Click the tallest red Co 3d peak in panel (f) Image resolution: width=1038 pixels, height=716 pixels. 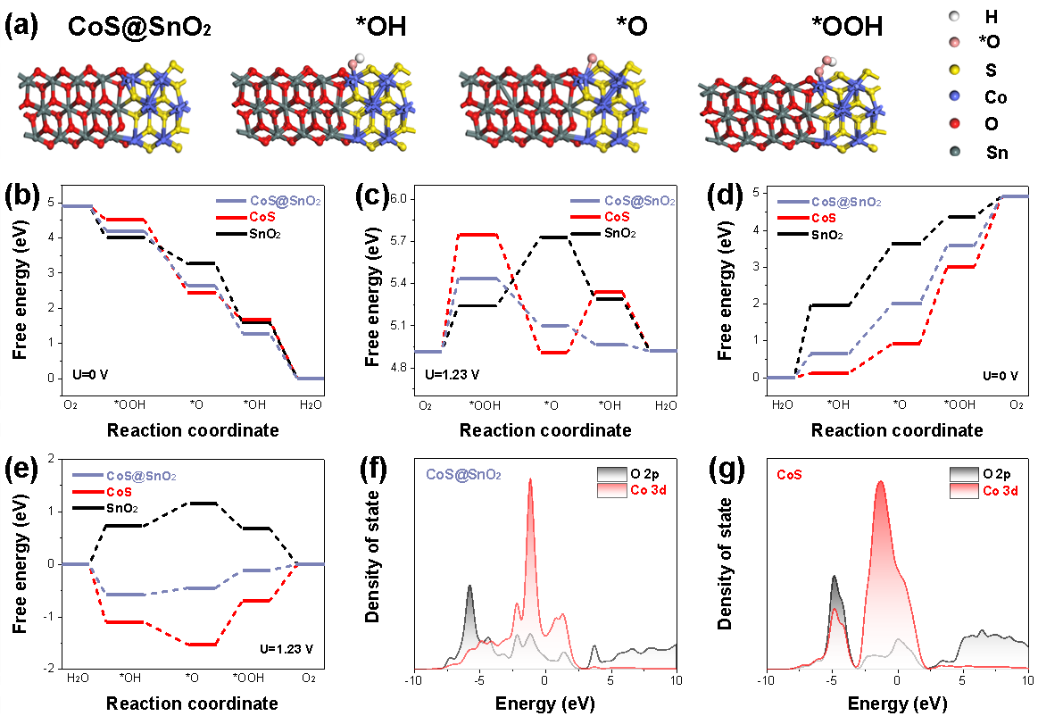pyautogui.click(x=531, y=480)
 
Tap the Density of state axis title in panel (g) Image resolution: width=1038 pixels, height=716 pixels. pyautogui.click(x=726, y=560)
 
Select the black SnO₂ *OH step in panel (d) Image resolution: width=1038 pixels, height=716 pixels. pyautogui.click(x=828, y=305)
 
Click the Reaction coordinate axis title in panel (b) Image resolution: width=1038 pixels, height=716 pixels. pyautogui.click(x=193, y=430)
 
